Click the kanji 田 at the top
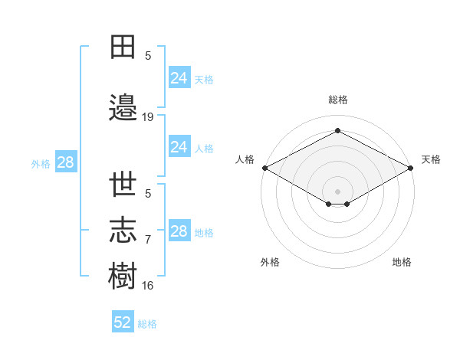(123, 47)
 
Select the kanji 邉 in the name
(123, 107)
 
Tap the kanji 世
(123, 184)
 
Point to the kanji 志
(123, 230)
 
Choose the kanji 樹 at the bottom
(123, 275)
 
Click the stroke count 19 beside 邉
(147, 117)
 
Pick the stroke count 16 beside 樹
(147, 286)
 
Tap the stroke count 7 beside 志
(148, 240)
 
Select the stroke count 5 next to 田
(148, 56)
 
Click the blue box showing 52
(123, 321)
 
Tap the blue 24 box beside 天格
(179, 77)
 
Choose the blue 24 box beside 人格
(179, 146)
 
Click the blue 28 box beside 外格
(66, 162)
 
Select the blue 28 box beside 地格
(179, 230)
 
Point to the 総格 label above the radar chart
(338, 100)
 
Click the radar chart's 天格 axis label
(431, 159)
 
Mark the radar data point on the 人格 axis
(265, 168)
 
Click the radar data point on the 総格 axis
(337, 130)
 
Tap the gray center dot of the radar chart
(337, 191)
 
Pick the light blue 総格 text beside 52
(147, 324)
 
